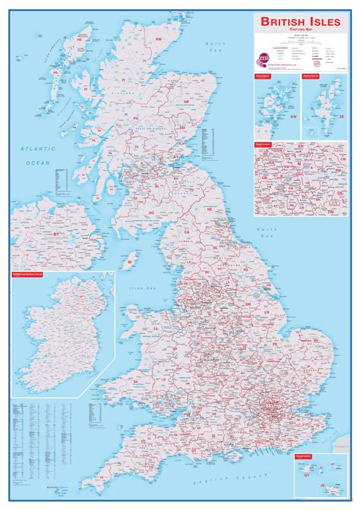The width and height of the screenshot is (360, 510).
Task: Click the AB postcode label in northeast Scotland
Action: [x=185, y=100]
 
